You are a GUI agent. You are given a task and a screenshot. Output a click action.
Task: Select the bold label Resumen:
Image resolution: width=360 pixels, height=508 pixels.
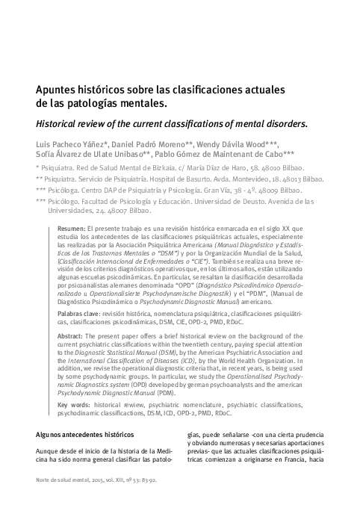pos(71,227)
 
